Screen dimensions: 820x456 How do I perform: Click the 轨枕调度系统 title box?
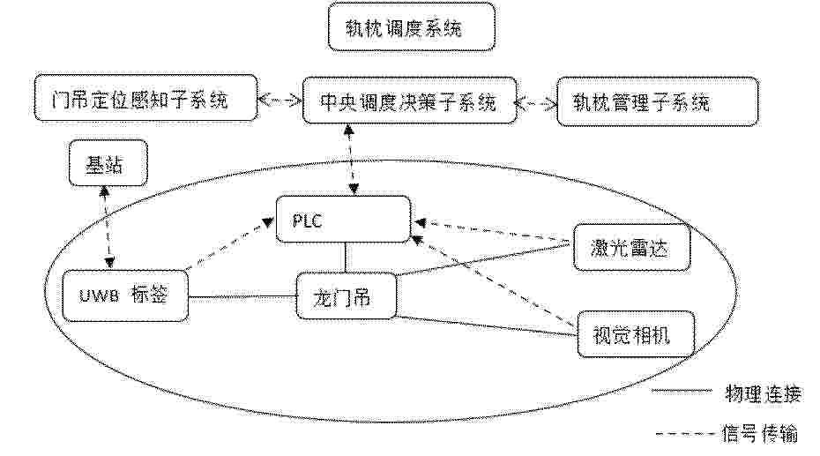pyautogui.click(x=412, y=27)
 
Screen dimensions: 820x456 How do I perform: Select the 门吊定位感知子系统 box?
pyautogui.click(x=145, y=98)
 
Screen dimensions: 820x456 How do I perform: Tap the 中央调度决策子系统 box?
pyautogui.click(x=409, y=101)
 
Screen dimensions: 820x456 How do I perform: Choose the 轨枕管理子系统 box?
pyautogui.click(x=658, y=102)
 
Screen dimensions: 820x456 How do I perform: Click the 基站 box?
pyautogui.click(x=108, y=163)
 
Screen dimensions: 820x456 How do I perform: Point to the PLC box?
pyautogui.click(x=343, y=219)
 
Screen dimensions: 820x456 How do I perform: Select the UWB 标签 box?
pyautogui.click(x=125, y=295)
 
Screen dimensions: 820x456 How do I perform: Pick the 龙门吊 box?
pyautogui.click(x=347, y=295)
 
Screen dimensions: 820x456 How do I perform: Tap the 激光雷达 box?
pyautogui.click(x=631, y=247)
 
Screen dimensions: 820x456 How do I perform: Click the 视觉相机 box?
pyautogui.click(x=636, y=334)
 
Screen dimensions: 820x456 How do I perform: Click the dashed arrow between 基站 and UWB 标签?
pyautogui.click(x=107, y=227)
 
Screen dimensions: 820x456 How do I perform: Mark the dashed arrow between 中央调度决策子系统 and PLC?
pyautogui.click(x=351, y=160)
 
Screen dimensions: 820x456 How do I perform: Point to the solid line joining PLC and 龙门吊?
pyautogui.click(x=345, y=258)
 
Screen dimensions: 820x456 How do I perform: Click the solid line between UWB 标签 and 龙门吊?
pyautogui.click(x=242, y=298)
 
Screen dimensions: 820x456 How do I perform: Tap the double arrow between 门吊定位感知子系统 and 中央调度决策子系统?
pyautogui.click(x=280, y=100)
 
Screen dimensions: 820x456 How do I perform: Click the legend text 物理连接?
pyautogui.click(x=764, y=393)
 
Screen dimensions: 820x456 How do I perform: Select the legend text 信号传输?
pyautogui.click(x=760, y=434)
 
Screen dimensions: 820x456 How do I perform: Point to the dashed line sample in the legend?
pyautogui.click(x=686, y=434)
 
